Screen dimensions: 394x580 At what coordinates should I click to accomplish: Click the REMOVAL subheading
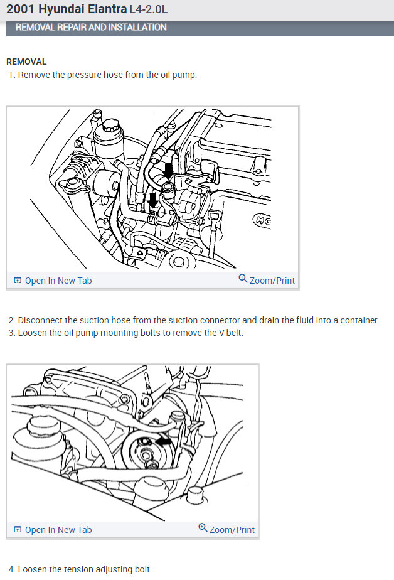tap(26, 62)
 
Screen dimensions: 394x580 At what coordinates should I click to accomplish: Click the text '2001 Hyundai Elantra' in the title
tap(67, 9)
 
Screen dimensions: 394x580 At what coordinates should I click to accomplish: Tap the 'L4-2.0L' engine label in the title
tap(148, 9)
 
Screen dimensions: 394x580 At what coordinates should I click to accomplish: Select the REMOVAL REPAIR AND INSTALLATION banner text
tap(91, 28)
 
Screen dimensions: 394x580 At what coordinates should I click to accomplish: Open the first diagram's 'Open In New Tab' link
tap(58, 281)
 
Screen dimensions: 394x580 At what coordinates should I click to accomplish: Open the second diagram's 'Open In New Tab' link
tap(58, 530)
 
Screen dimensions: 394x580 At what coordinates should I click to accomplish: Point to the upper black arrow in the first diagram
tap(168, 171)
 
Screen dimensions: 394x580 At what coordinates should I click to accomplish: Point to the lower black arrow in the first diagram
tap(152, 201)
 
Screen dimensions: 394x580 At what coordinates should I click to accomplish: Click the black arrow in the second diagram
tap(163, 441)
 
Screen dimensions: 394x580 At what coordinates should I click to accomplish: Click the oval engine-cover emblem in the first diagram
tap(262, 221)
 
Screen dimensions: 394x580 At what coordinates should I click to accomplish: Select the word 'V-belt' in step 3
tap(231, 333)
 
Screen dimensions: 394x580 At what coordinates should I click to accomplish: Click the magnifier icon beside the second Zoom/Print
tap(203, 527)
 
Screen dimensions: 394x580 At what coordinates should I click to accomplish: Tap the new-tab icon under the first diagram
tap(18, 281)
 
